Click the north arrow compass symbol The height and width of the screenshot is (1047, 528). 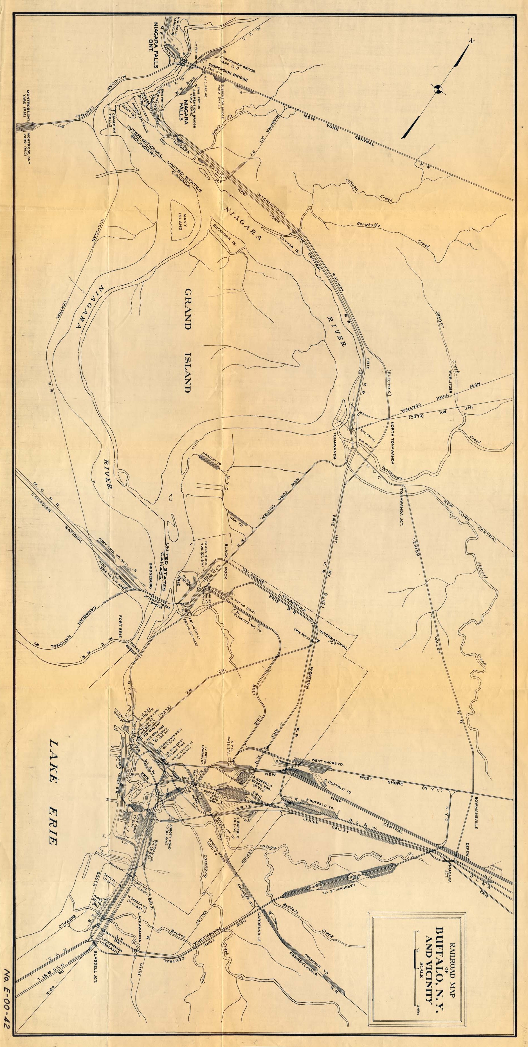(x=438, y=89)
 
